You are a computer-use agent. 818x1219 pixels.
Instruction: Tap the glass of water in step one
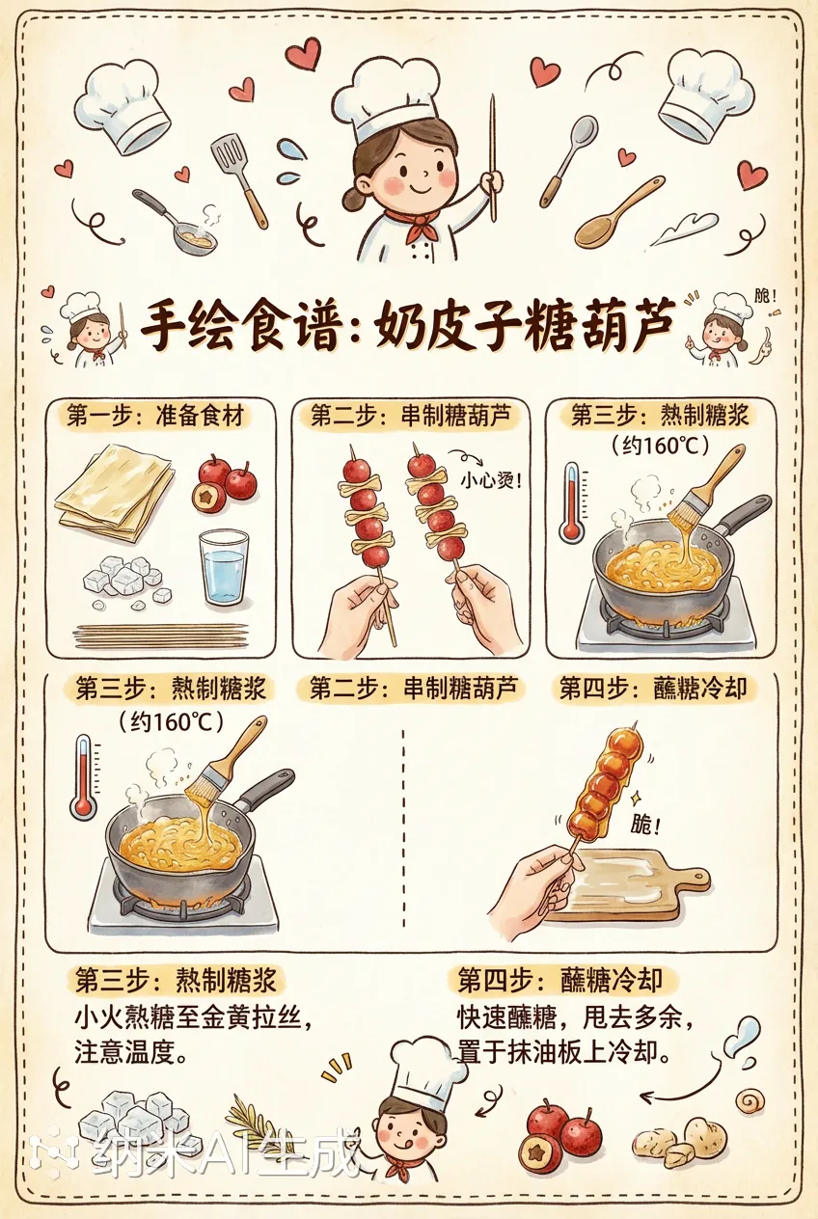coord(224,567)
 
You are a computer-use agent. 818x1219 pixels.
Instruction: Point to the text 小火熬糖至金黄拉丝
coord(194,1018)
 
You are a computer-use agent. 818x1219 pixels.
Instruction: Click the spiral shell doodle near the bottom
coord(749,1099)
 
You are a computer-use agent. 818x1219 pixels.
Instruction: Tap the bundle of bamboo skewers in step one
coord(160,635)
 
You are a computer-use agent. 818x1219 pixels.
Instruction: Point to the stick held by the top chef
coord(492,154)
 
